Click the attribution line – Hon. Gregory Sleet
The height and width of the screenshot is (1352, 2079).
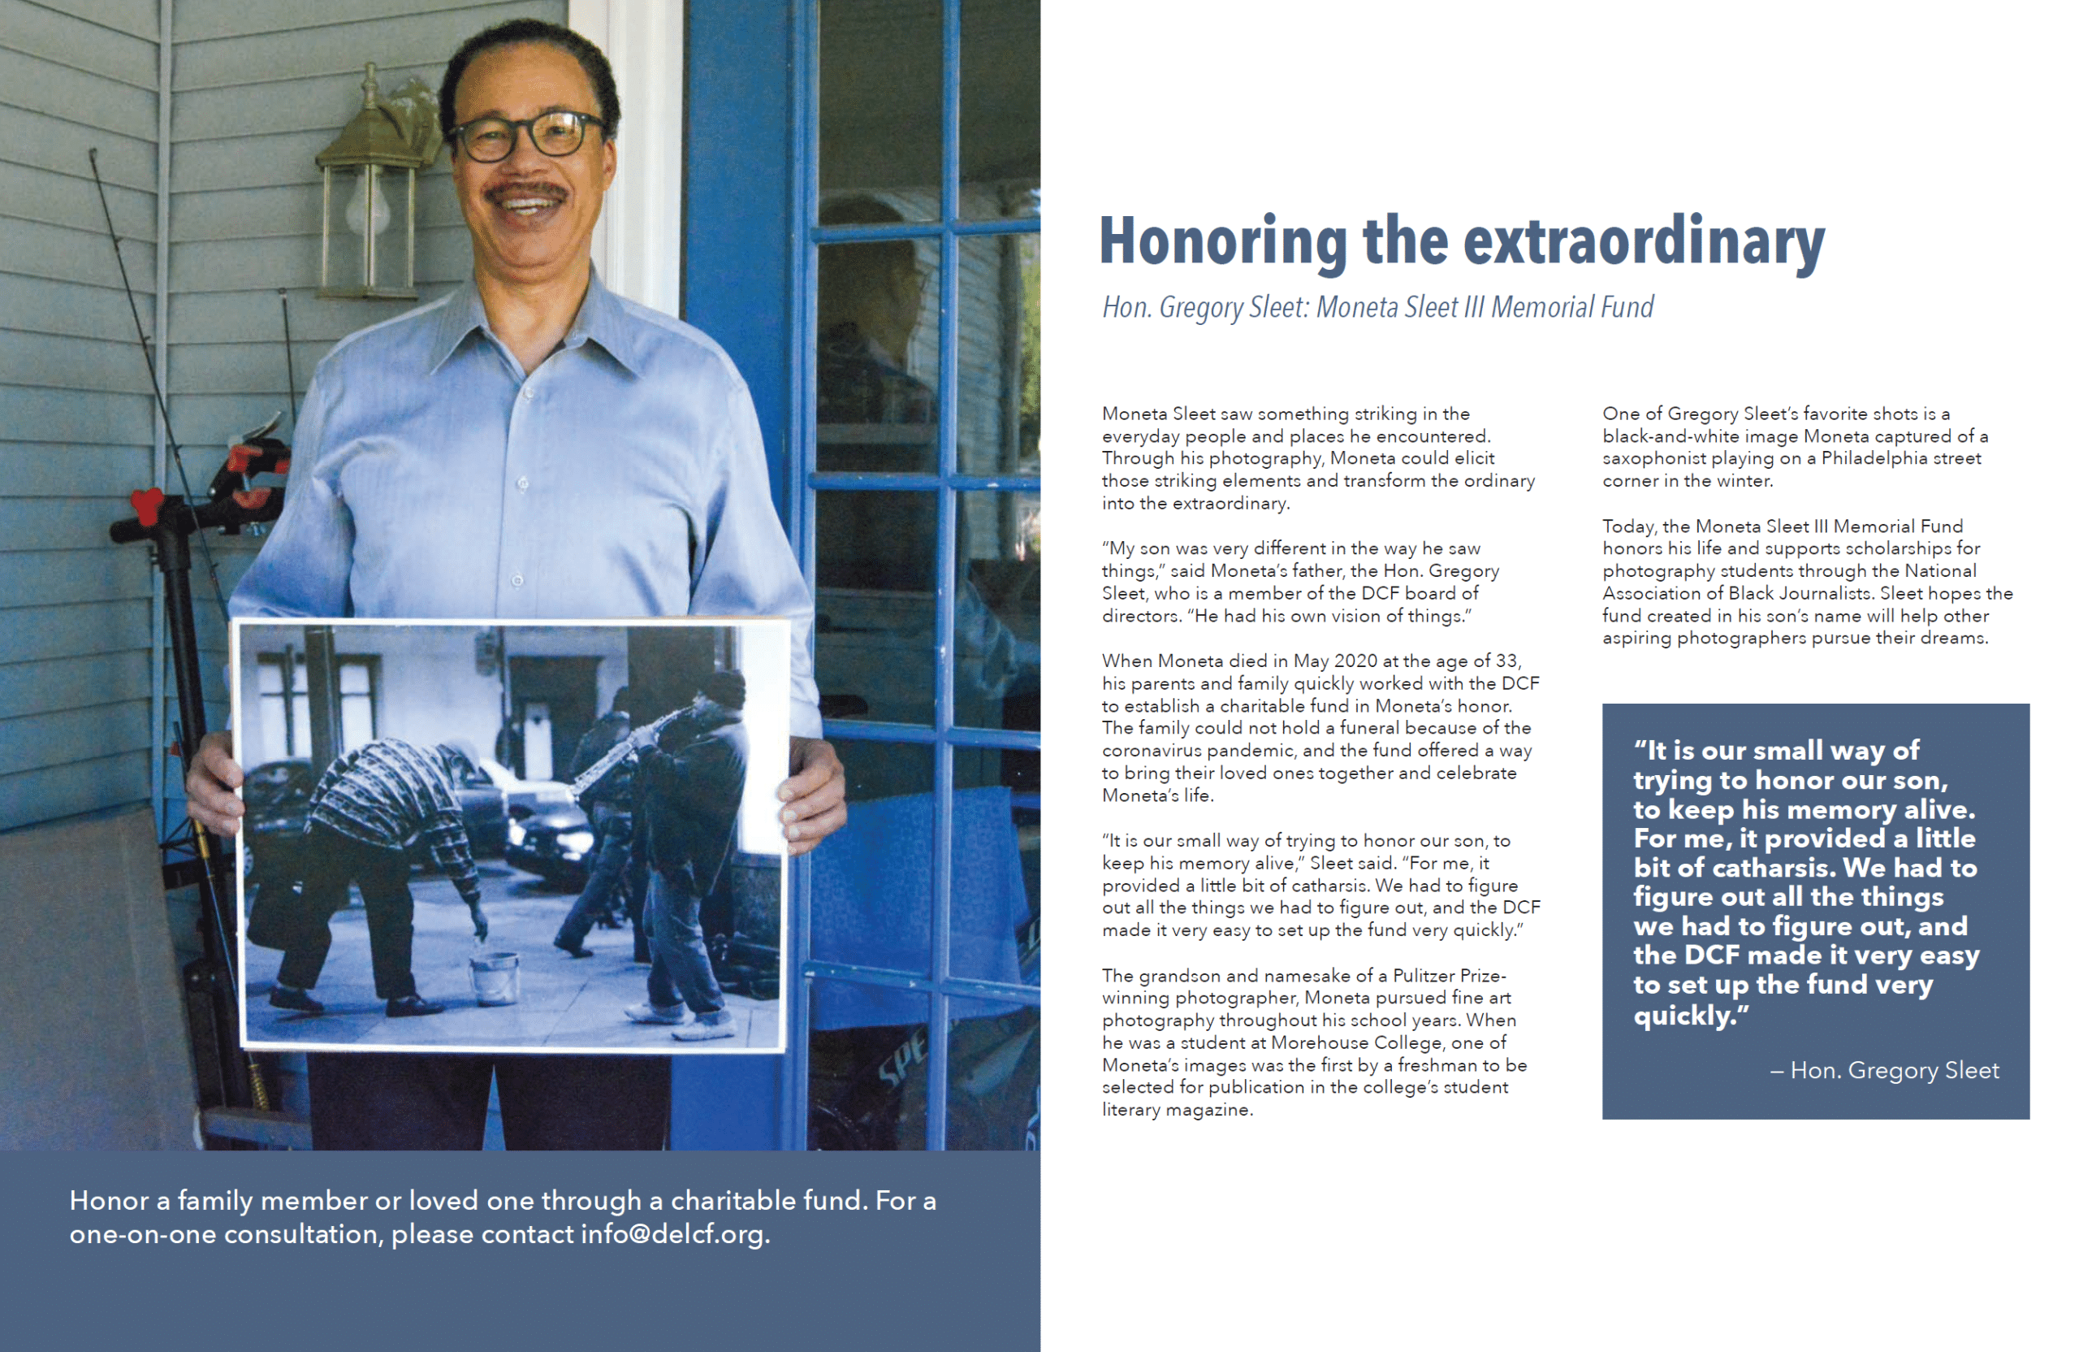[1884, 1070]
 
